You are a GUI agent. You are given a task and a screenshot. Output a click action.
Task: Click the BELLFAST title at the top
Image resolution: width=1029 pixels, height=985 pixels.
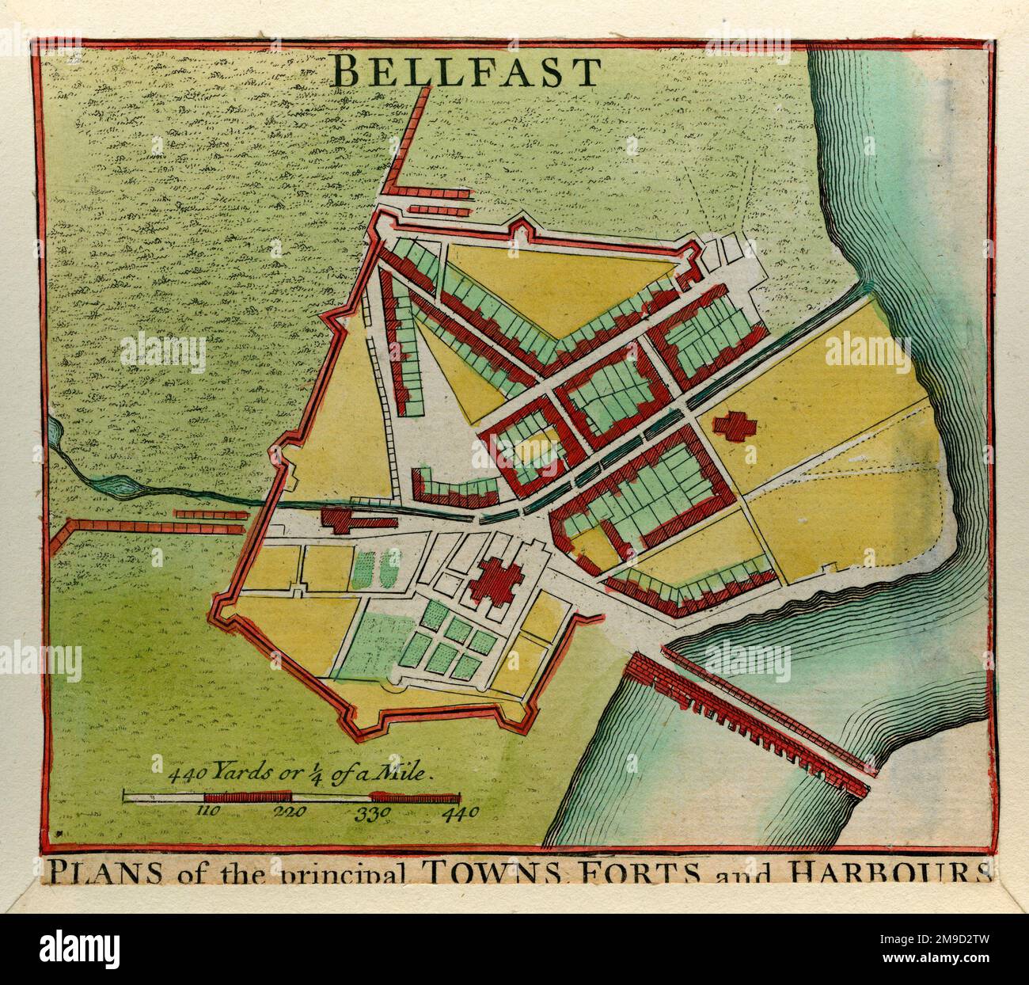[467, 73]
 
